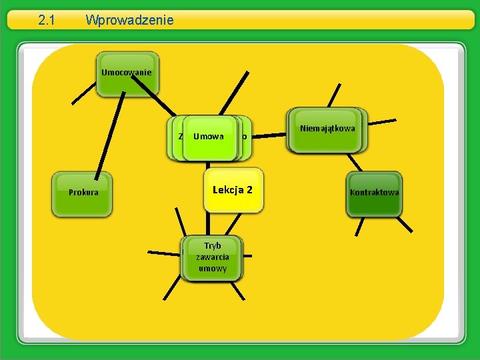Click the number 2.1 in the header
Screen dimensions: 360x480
(x=45, y=20)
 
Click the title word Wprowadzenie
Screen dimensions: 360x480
(x=129, y=20)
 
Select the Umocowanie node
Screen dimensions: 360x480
(x=126, y=73)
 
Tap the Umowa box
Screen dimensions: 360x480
(x=209, y=137)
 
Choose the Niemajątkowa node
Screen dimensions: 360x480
(x=327, y=129)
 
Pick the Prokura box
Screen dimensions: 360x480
(x=83, y=193)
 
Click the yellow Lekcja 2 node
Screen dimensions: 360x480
(x=232, y=190)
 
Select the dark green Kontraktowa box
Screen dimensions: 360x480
(x=374, y=193)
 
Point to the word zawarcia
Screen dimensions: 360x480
(x=212, y=257)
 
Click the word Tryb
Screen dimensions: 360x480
(x=212, y=245)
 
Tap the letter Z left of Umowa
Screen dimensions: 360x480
(x=181, y=137)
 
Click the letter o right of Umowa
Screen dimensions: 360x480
(x=244, y=137)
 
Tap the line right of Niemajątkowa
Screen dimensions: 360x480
(x=383, y=123)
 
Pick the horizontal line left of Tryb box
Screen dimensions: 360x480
(x=163, y=254)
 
